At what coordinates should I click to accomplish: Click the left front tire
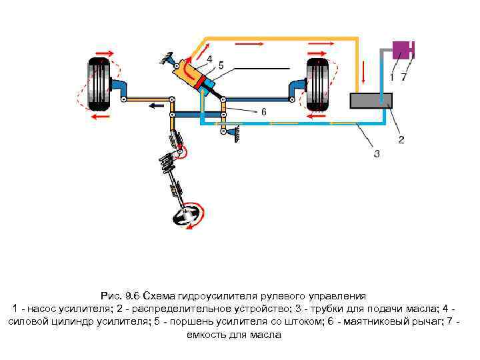coord(97,85)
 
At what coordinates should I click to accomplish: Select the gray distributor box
coord(371,101)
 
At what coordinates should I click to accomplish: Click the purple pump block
coord(401,49)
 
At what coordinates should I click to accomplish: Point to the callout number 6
coord(263,112)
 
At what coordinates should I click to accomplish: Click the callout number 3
coord(377,154)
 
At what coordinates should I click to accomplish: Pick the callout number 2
coord(401,140)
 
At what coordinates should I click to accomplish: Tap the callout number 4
coord(209,59)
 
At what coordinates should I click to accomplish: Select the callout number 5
coord(221,65)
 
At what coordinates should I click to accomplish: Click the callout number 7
coord(403,78)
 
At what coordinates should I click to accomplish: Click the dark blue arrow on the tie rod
coord(157,104)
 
